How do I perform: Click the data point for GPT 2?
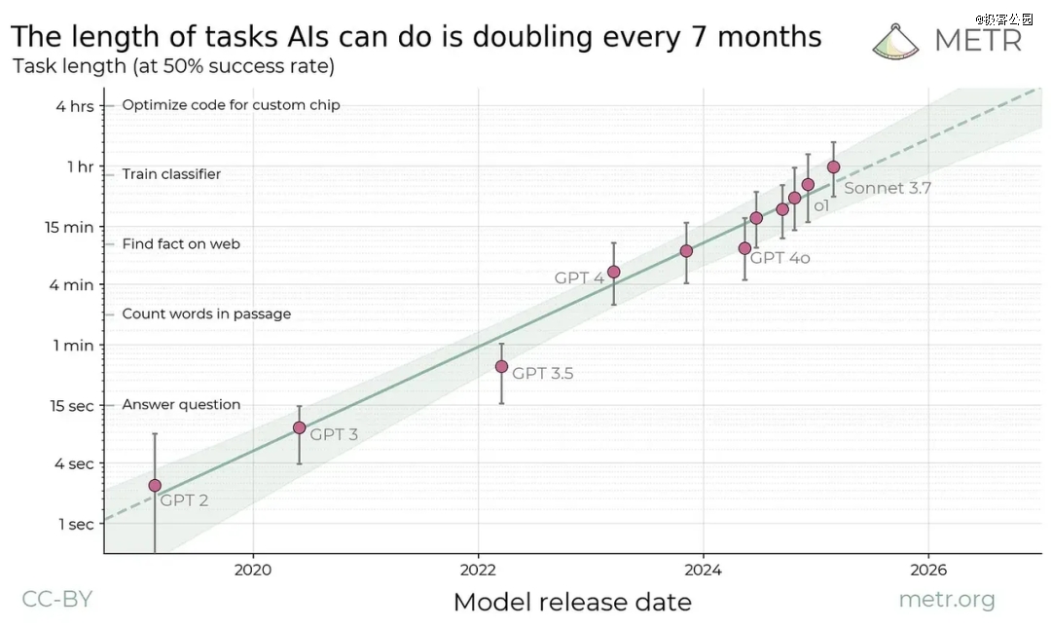[x=155, y=485]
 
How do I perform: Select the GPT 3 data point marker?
[x=299, y=427]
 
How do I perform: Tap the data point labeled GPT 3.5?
[x=501, y=366]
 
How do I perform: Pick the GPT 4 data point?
[x=613, y=272]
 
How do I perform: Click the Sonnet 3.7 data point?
[x=833, y=166]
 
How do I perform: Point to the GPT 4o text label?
[x=780, y=258]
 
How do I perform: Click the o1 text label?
[x=821, y=205]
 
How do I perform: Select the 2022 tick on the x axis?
[x=478, y=568]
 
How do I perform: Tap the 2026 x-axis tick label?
[x=927, y=568]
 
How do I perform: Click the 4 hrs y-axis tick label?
[x=75, y=105]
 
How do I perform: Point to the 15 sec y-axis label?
[x=71, y=404]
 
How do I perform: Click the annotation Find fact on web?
[x=181, y=244]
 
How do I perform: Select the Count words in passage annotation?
[x=206, y=313]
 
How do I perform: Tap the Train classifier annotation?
[x=171, y=174]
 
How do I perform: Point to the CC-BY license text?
[x=56, y=599]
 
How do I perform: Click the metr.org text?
[x=947, y=599]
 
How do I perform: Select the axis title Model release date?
[x=572, y=602]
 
